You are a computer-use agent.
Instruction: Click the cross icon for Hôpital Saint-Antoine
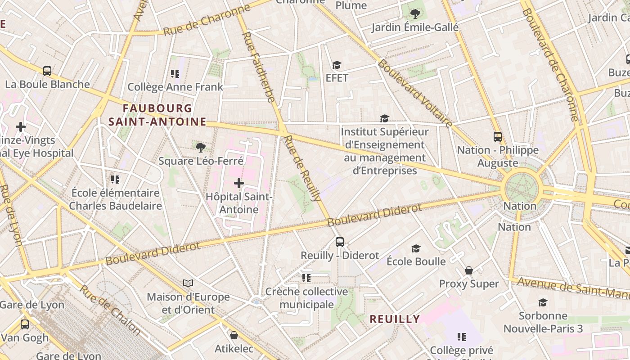click(239, 183)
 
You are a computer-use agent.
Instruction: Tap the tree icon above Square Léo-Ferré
click(201, 147)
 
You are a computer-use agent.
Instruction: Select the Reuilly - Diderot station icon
click(340, 242)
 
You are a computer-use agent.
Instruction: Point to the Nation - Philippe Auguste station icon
click(497, 136)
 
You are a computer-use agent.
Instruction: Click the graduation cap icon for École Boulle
click(416, 248)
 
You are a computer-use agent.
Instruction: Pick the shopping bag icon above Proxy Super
click(469, 270)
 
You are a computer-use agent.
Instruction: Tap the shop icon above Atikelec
click(234, 335)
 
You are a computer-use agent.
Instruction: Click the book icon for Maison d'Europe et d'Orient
click(188, 283)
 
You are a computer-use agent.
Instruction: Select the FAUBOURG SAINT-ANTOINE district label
click(157, 115)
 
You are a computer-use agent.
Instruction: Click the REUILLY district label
click(395, 319)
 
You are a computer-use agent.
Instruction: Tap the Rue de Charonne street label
click(207, 21)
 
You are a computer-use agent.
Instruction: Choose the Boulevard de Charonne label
click(550, 64)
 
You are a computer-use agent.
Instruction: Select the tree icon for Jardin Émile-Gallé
click(415, 13)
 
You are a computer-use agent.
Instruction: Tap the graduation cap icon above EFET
click(337, 65)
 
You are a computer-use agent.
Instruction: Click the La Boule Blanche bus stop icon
click(47, 71)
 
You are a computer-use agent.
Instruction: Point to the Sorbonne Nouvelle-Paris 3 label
click(543, 322)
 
